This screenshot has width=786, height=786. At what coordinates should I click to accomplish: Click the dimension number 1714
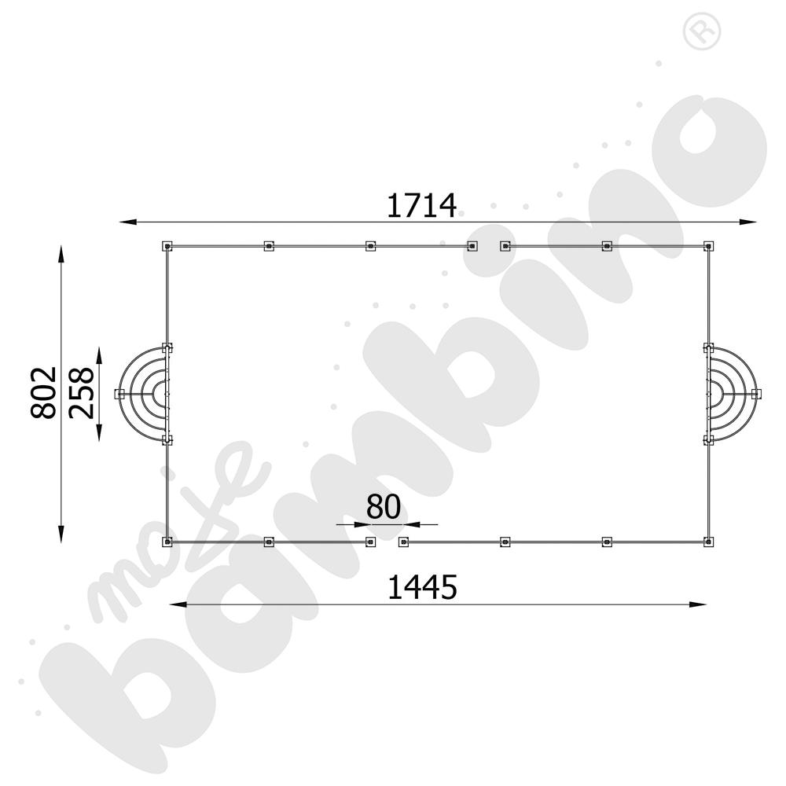tap(421, 205)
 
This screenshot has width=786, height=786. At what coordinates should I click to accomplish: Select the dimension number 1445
tap(421, 587)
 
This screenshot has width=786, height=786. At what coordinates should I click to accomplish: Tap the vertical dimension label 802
tap(44, 391)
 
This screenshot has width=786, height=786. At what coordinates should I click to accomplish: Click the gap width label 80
tap(384, 507)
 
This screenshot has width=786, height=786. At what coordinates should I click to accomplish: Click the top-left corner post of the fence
tap(167, 246)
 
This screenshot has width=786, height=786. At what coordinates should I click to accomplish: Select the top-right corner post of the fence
tap(708, 246)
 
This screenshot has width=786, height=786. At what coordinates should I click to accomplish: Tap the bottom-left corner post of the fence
tap(167, 542)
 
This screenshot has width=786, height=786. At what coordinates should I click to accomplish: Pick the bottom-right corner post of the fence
tap(708, 542)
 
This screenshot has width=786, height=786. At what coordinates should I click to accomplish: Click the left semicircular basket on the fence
tap(145, 393)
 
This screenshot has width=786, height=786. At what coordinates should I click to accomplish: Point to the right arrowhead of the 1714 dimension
tap(751, 222)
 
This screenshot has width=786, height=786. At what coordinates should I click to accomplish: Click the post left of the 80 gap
tap(370, 542)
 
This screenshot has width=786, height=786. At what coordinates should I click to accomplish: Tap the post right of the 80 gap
tap(403, 542)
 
